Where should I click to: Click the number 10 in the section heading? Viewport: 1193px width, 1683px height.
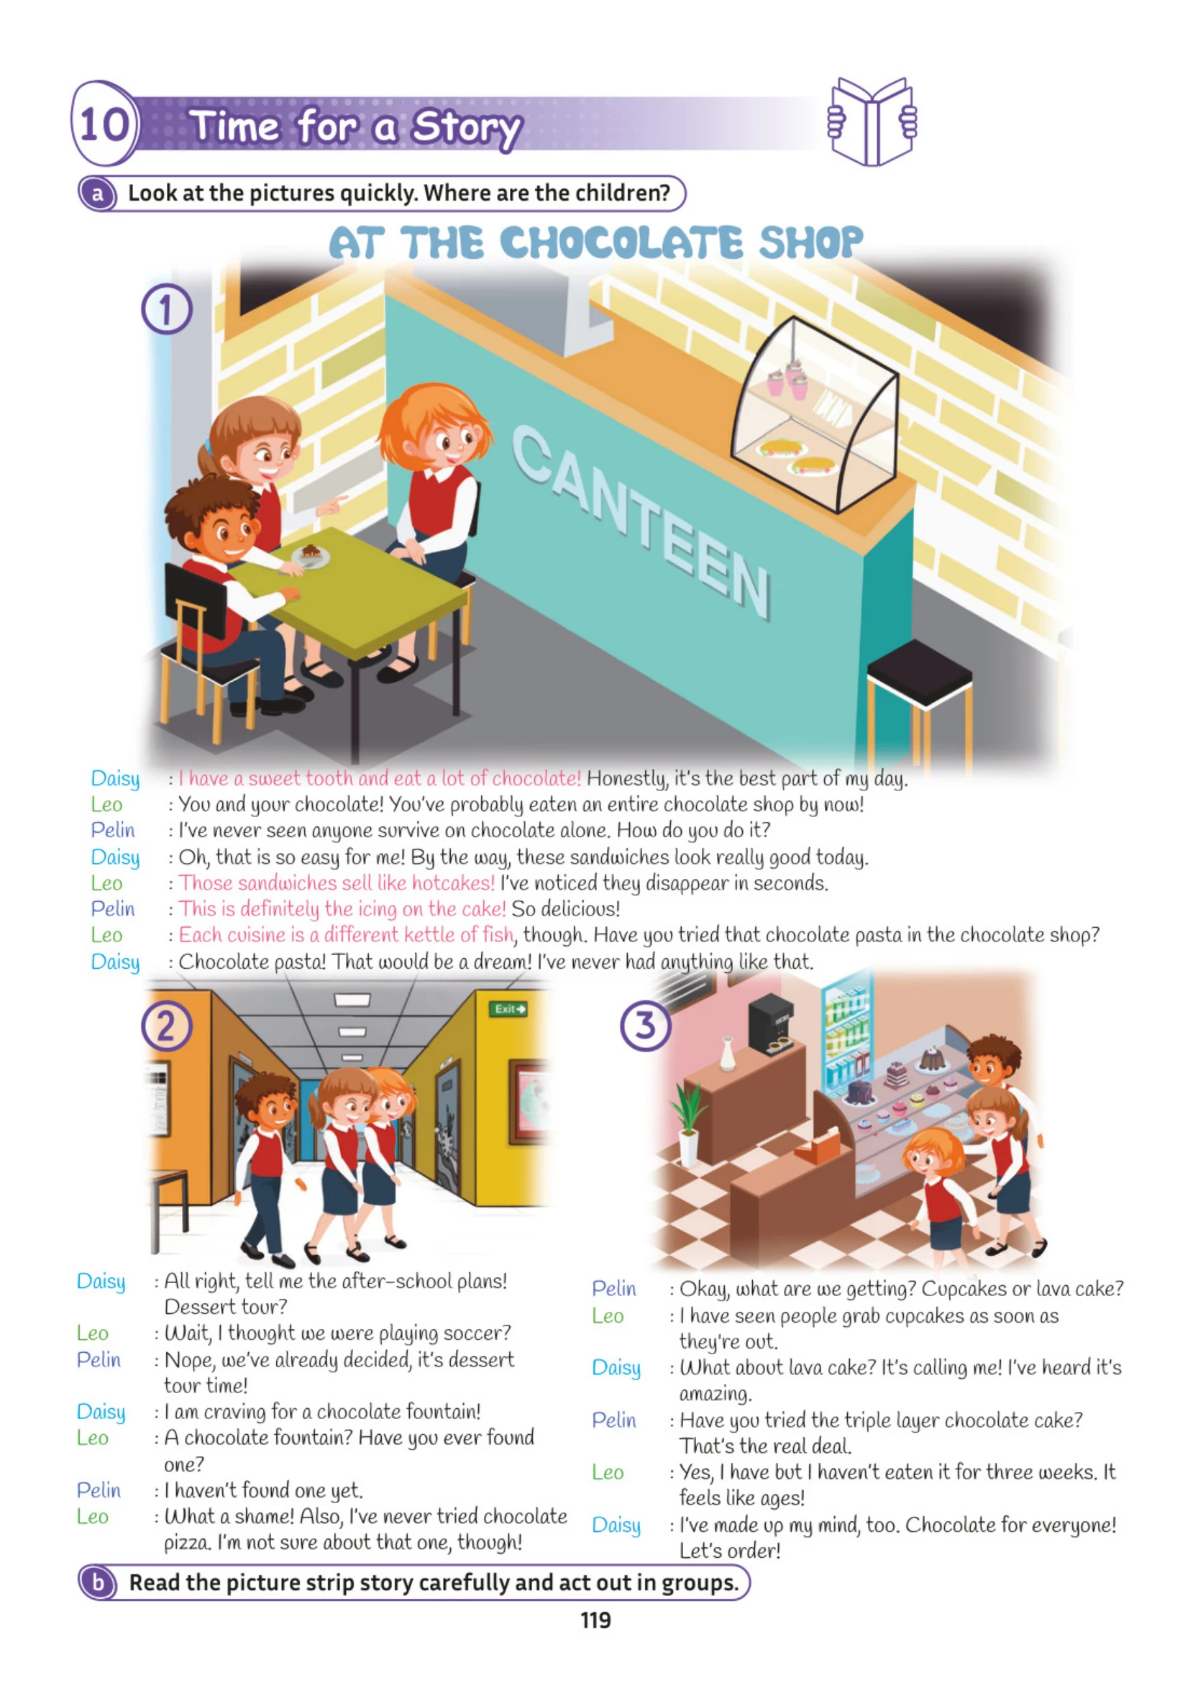105,124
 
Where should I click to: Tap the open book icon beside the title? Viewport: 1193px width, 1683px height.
872,122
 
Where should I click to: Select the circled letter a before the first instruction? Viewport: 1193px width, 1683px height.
98,194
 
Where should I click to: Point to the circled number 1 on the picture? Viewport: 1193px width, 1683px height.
167,309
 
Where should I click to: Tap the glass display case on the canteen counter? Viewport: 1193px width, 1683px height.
816,414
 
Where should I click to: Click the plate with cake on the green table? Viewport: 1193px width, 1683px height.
311,555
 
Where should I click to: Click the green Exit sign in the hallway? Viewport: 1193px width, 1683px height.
509,1008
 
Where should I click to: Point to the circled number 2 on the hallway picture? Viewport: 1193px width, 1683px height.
167,1026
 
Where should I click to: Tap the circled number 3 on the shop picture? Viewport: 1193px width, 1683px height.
646,1026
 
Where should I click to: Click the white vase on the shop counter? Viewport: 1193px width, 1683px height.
727,1054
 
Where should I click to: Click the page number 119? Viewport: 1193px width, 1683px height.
595,1620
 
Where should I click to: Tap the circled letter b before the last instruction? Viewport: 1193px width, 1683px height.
98,1582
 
